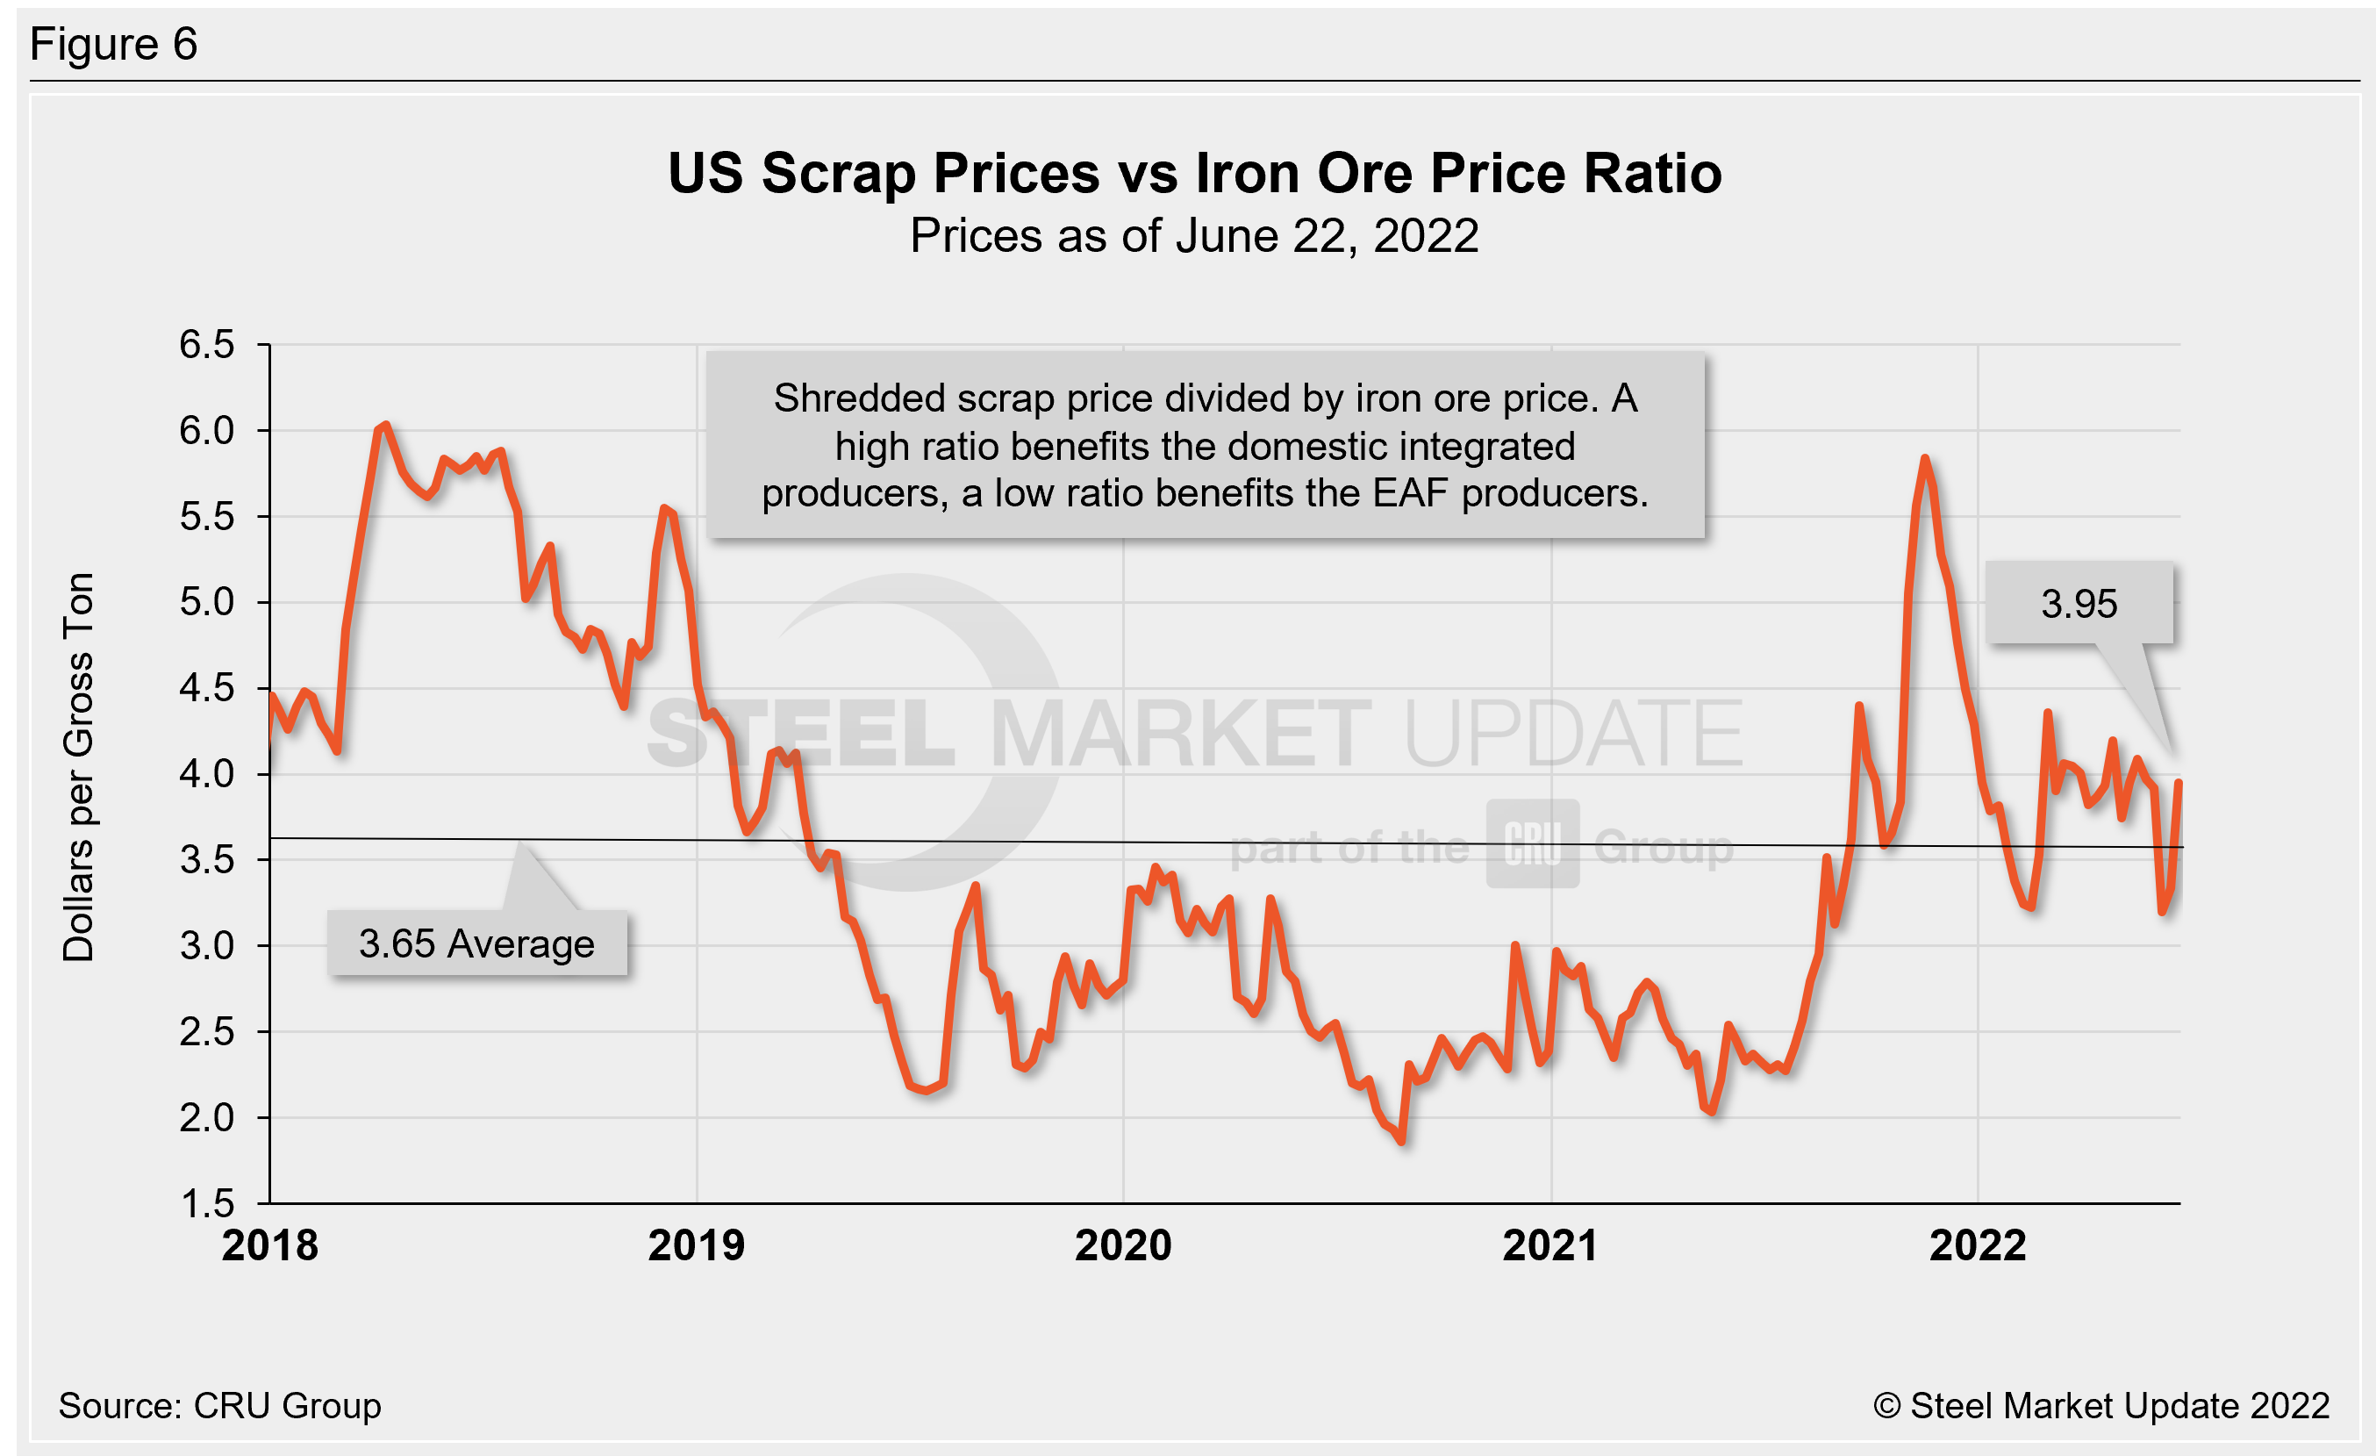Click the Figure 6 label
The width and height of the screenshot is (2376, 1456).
(x=114, y=45)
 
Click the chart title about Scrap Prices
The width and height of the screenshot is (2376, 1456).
(x=1194, y=174)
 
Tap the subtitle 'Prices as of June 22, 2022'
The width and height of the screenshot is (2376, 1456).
(x=1194, y=236)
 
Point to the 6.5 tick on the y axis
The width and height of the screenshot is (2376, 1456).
(x=206, y=344)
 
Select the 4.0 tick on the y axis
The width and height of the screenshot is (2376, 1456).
(x=206, y=773)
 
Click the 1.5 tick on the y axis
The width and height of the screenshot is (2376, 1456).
(x=206, y=1202)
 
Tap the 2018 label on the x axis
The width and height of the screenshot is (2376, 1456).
(x=270, y=1244)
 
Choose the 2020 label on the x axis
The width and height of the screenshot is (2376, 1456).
(x=1123, y=1244)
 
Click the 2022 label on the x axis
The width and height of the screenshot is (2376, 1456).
(x=1978, y=1244)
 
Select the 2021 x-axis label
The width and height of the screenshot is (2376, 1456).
(x=1550, y=1244)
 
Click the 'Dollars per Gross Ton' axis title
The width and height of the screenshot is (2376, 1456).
(x=79, y=768)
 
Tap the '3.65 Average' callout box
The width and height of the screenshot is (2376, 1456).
(x=476, y=943)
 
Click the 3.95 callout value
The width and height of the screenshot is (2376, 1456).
(x=2079, y=604)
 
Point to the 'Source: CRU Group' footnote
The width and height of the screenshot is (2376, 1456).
(x=220, y=1405)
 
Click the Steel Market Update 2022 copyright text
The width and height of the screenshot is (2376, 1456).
(x=2101, y=1405)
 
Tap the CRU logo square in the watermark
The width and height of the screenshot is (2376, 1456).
(x=1532, y=843)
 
